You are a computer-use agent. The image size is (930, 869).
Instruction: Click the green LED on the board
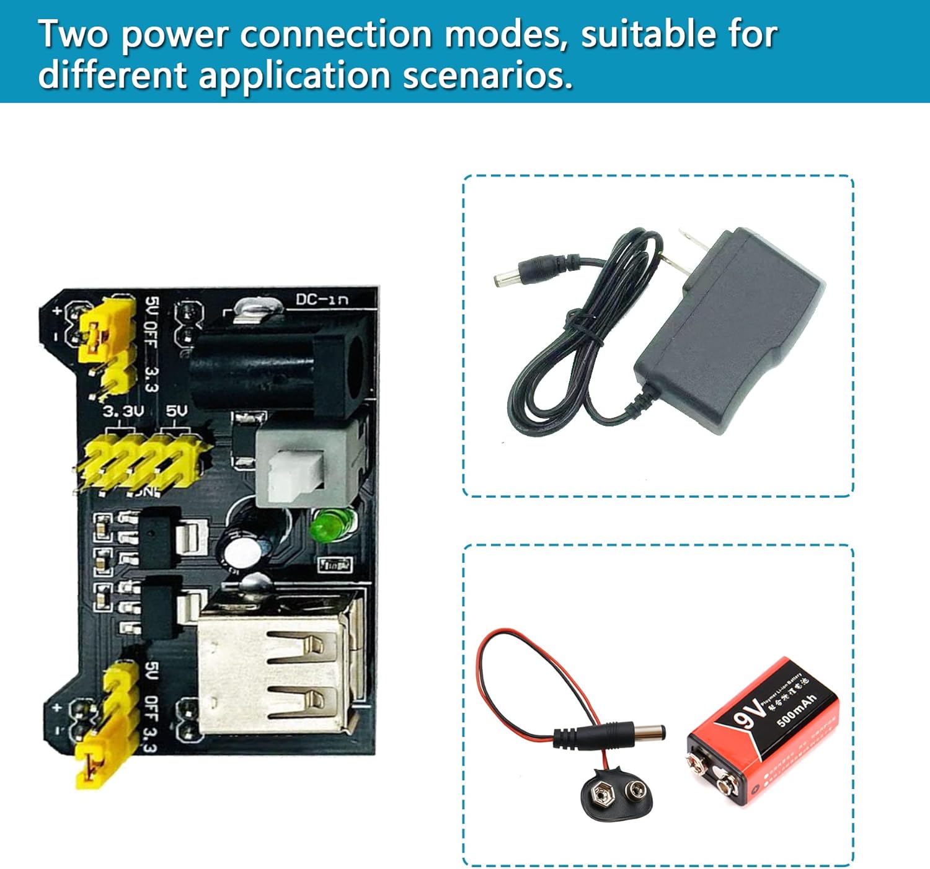click(x=333, y=524)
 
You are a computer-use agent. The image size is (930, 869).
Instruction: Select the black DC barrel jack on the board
click(x=279, y=366)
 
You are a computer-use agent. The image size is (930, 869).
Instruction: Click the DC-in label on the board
click(x=322, y=299)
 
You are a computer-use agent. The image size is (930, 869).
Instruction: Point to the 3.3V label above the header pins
click(x=123, y=411)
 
